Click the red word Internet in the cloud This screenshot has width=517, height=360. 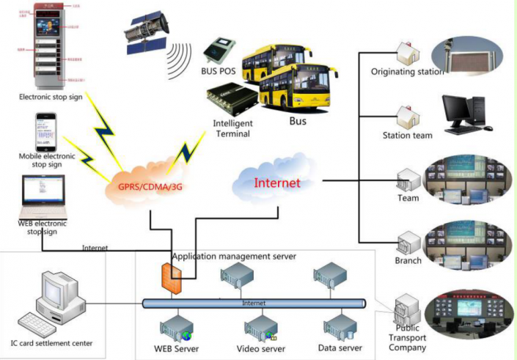276,183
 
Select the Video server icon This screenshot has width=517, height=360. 260,325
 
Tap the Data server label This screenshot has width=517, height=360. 340,348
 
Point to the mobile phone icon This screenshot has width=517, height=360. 45,131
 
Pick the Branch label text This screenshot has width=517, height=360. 408,260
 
